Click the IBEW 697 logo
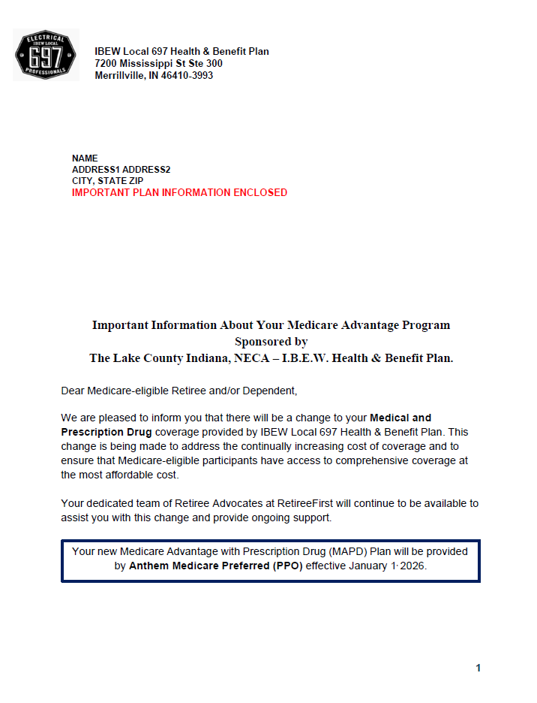pyautogui.click(x=46, y=55)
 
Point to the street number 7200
pyautogui.click(x=106, y=64)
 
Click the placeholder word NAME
pyautogui.click(x=85, y=158)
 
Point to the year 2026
pyautogui.click(x=412, y=566)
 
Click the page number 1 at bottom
pyautogui.click(x=478, y=668)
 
